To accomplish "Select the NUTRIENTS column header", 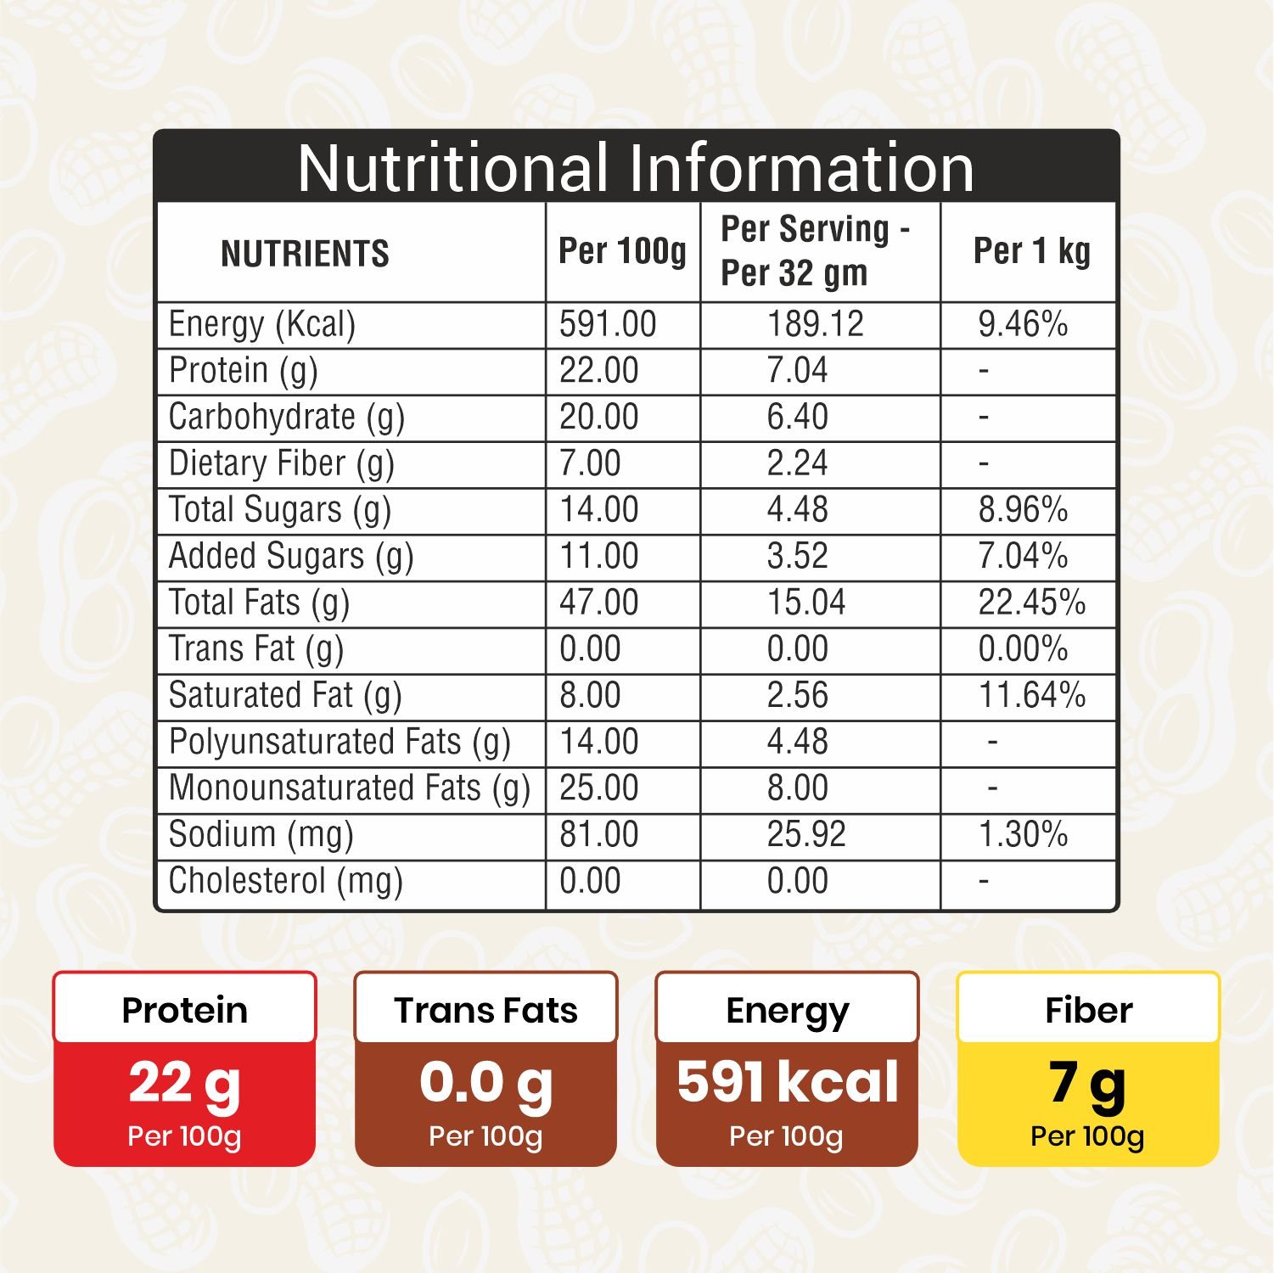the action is coord(305,254).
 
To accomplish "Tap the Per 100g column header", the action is coord(622,252).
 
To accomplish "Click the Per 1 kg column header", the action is coord(1031,252).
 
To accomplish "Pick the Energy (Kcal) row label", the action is coord(262,325).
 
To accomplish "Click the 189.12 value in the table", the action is coord(815,324).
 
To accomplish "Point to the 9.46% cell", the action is coord(1023,324).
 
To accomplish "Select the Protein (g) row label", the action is coord(244,371).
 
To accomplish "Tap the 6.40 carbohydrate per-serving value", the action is coord(797,417).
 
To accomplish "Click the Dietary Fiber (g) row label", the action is coord(282,464).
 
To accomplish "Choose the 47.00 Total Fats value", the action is coord(598,603).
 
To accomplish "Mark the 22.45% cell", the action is coord(1031,603).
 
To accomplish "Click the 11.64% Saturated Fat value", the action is coord(1032,695).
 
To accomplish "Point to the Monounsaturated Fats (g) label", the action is coord(350,789).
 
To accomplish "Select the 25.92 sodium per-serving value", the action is coord(806,834).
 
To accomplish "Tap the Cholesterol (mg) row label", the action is coord(286,882).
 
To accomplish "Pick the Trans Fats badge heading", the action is coord(485,1010).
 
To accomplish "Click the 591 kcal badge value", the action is coord(788,1082).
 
